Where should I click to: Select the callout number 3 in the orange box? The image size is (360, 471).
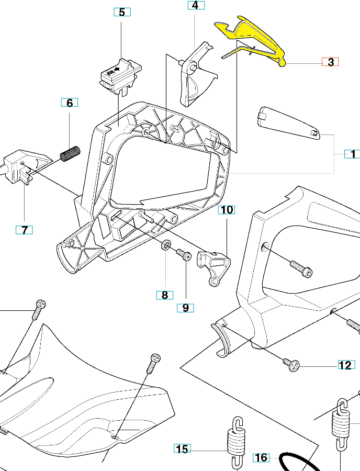pos(330,62)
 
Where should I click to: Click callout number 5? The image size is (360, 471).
pos(122,12)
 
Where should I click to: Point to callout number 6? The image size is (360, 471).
pos(70,103)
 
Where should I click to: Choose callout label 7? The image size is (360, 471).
pos(25,230)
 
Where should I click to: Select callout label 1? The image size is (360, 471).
pos(352,154)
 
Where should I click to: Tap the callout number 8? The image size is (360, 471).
pos(164,295)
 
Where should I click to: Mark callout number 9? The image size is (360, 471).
pos(185,308)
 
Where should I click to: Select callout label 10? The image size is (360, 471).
pos(227,210)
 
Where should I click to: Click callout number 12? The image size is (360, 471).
pos(345,365)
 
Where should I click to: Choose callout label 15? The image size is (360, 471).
pos(182,448)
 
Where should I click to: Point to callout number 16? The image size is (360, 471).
pos(261,457)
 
